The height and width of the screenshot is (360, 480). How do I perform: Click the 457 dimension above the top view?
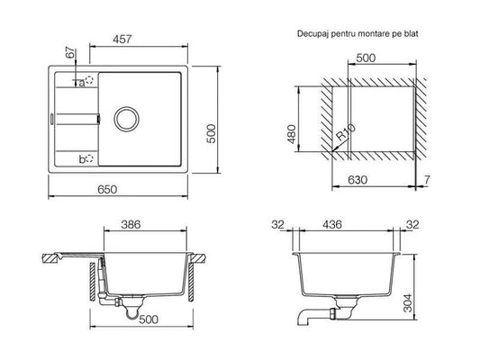122,40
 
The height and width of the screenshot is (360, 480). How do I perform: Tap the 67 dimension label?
70,52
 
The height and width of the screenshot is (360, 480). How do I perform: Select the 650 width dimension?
107,190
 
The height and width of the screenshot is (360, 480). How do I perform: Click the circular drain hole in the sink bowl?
126,119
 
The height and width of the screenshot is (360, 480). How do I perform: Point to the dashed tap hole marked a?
89,80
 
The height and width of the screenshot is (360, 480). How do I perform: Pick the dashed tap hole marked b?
89,158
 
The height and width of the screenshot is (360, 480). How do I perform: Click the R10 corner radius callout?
346,132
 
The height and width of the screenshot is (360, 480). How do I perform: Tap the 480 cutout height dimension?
292,134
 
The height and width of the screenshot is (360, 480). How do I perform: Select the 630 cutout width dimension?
358,180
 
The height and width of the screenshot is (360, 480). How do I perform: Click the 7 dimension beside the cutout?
427,180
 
